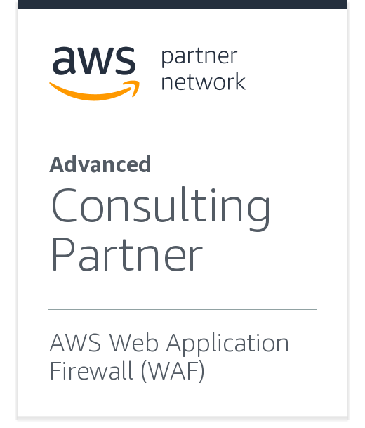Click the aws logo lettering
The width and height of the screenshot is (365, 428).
pyautogui.click(x=94, y=60)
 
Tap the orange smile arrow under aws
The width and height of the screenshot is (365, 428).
pyautogui.click(x=94, y=91)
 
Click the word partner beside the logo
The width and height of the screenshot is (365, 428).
pyautogui.click(x=199, y=57)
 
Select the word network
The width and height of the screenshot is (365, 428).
pyautogui.click(x=204, y=81)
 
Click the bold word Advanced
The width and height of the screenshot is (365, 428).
pyautogui.click(x=100, y=164)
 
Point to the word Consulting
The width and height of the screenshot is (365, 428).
pyautogui.click(x=161, y=208)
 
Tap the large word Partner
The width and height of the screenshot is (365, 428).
pyautogui.click(x=127, y=254)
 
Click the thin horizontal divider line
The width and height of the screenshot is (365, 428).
pyautogui.click(x=182, y=309)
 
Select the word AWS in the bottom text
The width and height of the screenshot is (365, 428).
pyautogui.click(x=76, y=343)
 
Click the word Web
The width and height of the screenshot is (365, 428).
pyautogui.click(x=133, y=342)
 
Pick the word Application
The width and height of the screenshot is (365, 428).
pyautogui.click(x=227, y=344)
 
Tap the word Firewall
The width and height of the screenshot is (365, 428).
pyautogui.click(x=91, y=370)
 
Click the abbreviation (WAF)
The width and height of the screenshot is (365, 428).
pyautogui.click(x=173, y=370)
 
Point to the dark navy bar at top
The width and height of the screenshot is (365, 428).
pyautogui.click(x=182, y=4)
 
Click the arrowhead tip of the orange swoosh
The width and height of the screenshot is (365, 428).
pyautogui.click(x=139, y=82)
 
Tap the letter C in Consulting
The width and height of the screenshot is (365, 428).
pyautogui.click(x=64, y=205)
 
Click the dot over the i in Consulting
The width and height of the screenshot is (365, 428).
pyautogui.click(x=213, y=190)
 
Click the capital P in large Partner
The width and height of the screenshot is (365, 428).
pyautogui.click(x=63, y=254)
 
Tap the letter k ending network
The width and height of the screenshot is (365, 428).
pyautogui.click(x=239, y=81)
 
